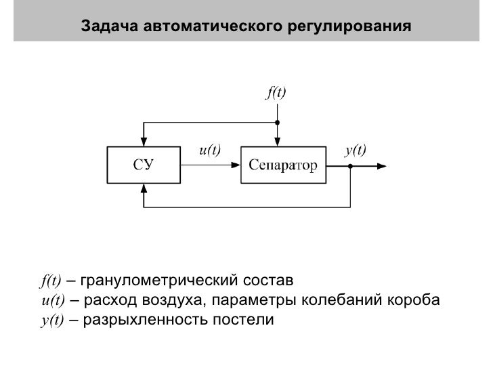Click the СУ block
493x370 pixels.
click(142, 165)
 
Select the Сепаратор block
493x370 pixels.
click(282, 165)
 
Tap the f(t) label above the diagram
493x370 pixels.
click(275, 93)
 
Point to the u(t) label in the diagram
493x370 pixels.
click(209, 150)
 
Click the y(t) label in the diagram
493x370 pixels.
click(355, 150)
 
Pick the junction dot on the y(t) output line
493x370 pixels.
click(350, 165)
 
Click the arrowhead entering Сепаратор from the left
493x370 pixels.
click(236, 165)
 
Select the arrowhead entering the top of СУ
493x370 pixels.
click(142, 140)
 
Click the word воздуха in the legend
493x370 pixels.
click(173, 300)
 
